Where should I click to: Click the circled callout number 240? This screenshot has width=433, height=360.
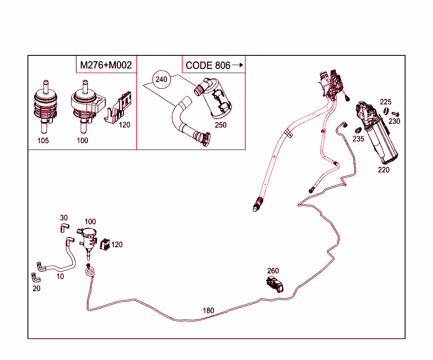[x=161, y=79]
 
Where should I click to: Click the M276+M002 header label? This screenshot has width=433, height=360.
[x=106, y=65]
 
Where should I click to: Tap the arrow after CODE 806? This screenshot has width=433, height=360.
[x=238, y=65]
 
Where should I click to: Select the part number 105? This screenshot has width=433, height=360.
[x=43, y=141]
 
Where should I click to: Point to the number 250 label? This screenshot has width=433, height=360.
[x=221, y=125]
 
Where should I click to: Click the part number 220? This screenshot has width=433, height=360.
[x=384, y=170]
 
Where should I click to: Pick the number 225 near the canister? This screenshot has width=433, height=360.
[x=386, y=102]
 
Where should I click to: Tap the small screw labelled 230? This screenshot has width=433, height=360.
[x=395, y=114]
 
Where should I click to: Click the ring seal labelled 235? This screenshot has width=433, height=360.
[x=358, y=130]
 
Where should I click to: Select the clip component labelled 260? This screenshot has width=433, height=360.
[x=275, y=284]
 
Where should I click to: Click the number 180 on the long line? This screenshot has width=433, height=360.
[x=208, y=311]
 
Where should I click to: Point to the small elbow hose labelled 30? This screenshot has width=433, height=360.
[x=64, y=228]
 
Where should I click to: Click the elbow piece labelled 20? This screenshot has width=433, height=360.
[x=36, y=278]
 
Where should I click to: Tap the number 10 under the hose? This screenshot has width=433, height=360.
[x=60, y=276]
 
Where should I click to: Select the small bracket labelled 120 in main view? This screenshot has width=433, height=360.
[x=105, y=245]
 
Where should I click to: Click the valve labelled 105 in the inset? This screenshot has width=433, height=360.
[x=46, y=106]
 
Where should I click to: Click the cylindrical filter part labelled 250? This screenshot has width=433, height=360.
[x=214, y=98]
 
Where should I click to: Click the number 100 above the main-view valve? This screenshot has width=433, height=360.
[x=90, y=221]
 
